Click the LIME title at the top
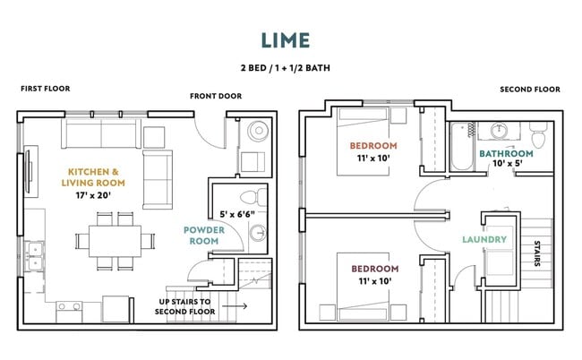pyautogui.click(x=286, y=40)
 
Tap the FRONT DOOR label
pyautogui.click(x=216, y=96)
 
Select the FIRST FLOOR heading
pyautogui.click(x=46, y=89)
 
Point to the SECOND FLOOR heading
pyautogui.click(x=530, y=90)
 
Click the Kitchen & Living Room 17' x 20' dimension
pyautogui.click(x=93, y=195)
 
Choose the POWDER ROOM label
pyautogui.click(x=204, y=236)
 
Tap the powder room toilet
pyautogui.click(x=253, y=197)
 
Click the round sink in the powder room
pyautogui.click(x=258, y=233)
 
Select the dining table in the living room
pyautogui.click(x=115, y=241)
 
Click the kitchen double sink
pyautogui.click(x=34, y=256)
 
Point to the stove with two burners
pyautogui.click(x=70, y=311)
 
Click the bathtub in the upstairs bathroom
pyautogui.click(x=462, y=147)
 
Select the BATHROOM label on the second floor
pyautogui.click(x=506, y=154)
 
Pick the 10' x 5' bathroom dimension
pyautogui.click(x=508, y=164)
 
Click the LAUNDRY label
pyautogui.click(x=484, y=240)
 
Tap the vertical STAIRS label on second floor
pyautogui.click(x=537, y=253)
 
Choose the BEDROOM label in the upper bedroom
pyautogui.click(x=373, y=146)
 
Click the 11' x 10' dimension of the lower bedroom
pyautogui.click(x=375, y=281)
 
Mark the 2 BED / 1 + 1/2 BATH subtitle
pyautogui.click(x=286, y=68)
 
